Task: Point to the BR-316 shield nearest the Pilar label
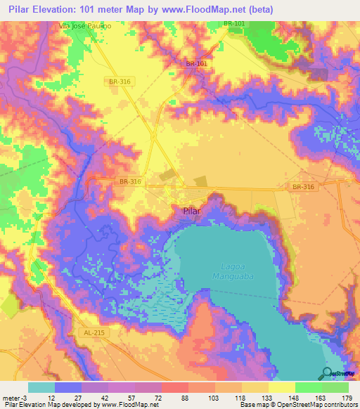click(x=130, y=181)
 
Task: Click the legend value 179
click(x=347, y=398)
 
